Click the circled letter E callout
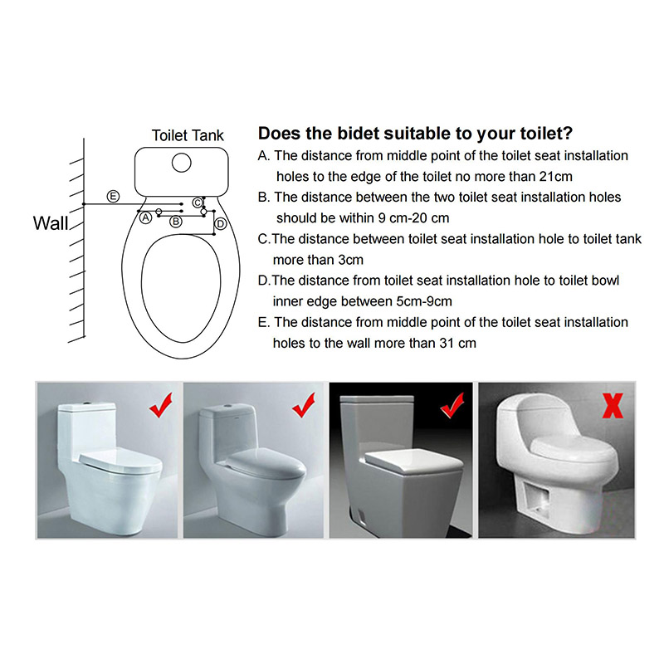pos(113,197)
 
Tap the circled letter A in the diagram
pos(146,217)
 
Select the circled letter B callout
pos(176,222)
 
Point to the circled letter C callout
pos(198,203)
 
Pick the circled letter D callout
pos(221,224)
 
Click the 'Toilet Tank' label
pos(188,135)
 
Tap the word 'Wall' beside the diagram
pos(51,223)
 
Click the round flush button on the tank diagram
pos(182,163)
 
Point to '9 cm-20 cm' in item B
pos(413,218)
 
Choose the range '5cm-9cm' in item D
pos(424,301)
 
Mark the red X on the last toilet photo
pos(613,406)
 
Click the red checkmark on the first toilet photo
pos(161,405)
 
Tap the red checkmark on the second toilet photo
pos(304,405)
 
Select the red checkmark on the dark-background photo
pos(452,405)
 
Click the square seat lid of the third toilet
pos(413,462)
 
